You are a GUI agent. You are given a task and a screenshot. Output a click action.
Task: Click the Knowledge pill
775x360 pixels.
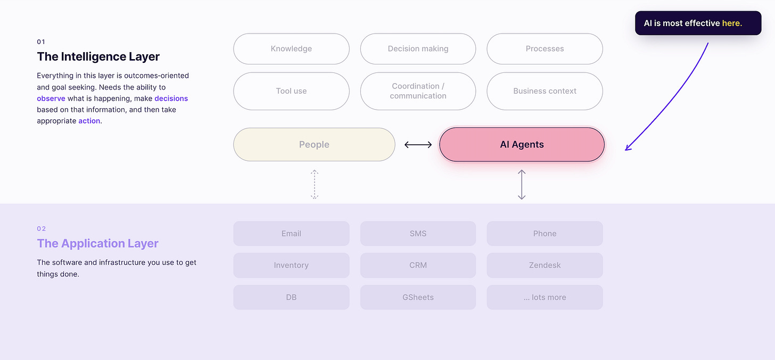coord(291,49)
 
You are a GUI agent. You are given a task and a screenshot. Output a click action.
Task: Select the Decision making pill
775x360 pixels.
coord(418,49)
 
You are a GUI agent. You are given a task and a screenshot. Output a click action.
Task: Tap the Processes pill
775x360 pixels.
coord(545,49)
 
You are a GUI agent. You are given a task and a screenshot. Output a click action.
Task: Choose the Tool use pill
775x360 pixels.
coord(291,91)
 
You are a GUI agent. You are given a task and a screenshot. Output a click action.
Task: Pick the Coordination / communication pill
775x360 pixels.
coord(418,91)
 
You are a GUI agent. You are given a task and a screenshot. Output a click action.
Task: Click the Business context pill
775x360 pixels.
coord(545,91)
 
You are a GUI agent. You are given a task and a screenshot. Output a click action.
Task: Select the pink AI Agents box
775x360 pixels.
coord(522,144)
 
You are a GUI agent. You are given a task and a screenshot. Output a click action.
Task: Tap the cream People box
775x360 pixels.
coord(314,144)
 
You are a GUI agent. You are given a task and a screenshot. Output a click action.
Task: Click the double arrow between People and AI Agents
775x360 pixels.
coord(418,145)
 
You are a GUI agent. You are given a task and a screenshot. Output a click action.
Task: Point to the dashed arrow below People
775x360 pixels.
coord(314,184)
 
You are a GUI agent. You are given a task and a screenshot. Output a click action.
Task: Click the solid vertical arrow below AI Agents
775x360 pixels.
coord(522,184)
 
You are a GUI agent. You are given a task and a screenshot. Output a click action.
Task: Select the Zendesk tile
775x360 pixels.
coord(545,265)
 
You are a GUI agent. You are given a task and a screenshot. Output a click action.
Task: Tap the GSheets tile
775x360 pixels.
coord(418,297)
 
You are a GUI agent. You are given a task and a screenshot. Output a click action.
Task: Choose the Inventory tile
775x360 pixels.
coord(291,265)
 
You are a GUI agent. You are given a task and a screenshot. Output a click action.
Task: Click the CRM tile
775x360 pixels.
coord(418,265)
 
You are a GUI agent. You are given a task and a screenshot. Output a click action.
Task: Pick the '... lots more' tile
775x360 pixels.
coord(545,297)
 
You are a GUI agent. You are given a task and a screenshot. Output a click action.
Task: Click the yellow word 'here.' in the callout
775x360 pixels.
coord(732,23)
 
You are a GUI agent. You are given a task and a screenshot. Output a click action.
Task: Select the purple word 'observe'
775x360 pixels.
coord(51,99)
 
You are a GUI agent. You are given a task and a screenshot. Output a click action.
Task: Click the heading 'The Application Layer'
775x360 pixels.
coord(97,243)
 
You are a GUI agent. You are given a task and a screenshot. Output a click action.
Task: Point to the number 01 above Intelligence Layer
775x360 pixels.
coord(41,42)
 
